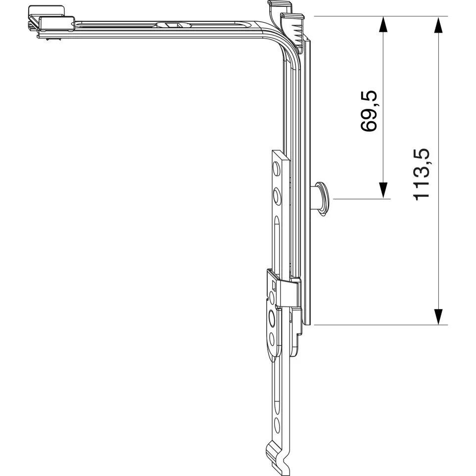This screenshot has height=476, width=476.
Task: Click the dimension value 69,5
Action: (x=369, y=111)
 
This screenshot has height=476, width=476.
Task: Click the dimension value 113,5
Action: (x=422, y=174)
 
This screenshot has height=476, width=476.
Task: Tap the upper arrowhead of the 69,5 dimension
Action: (x=383, y=24)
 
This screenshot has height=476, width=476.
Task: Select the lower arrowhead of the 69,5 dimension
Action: (x=383, y=190)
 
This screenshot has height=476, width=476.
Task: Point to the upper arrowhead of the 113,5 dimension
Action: (x=438, y=24)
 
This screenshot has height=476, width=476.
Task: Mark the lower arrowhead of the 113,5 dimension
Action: (x=438, y=317)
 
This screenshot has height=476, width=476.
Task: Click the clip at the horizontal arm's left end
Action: (x=51, y=22)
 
